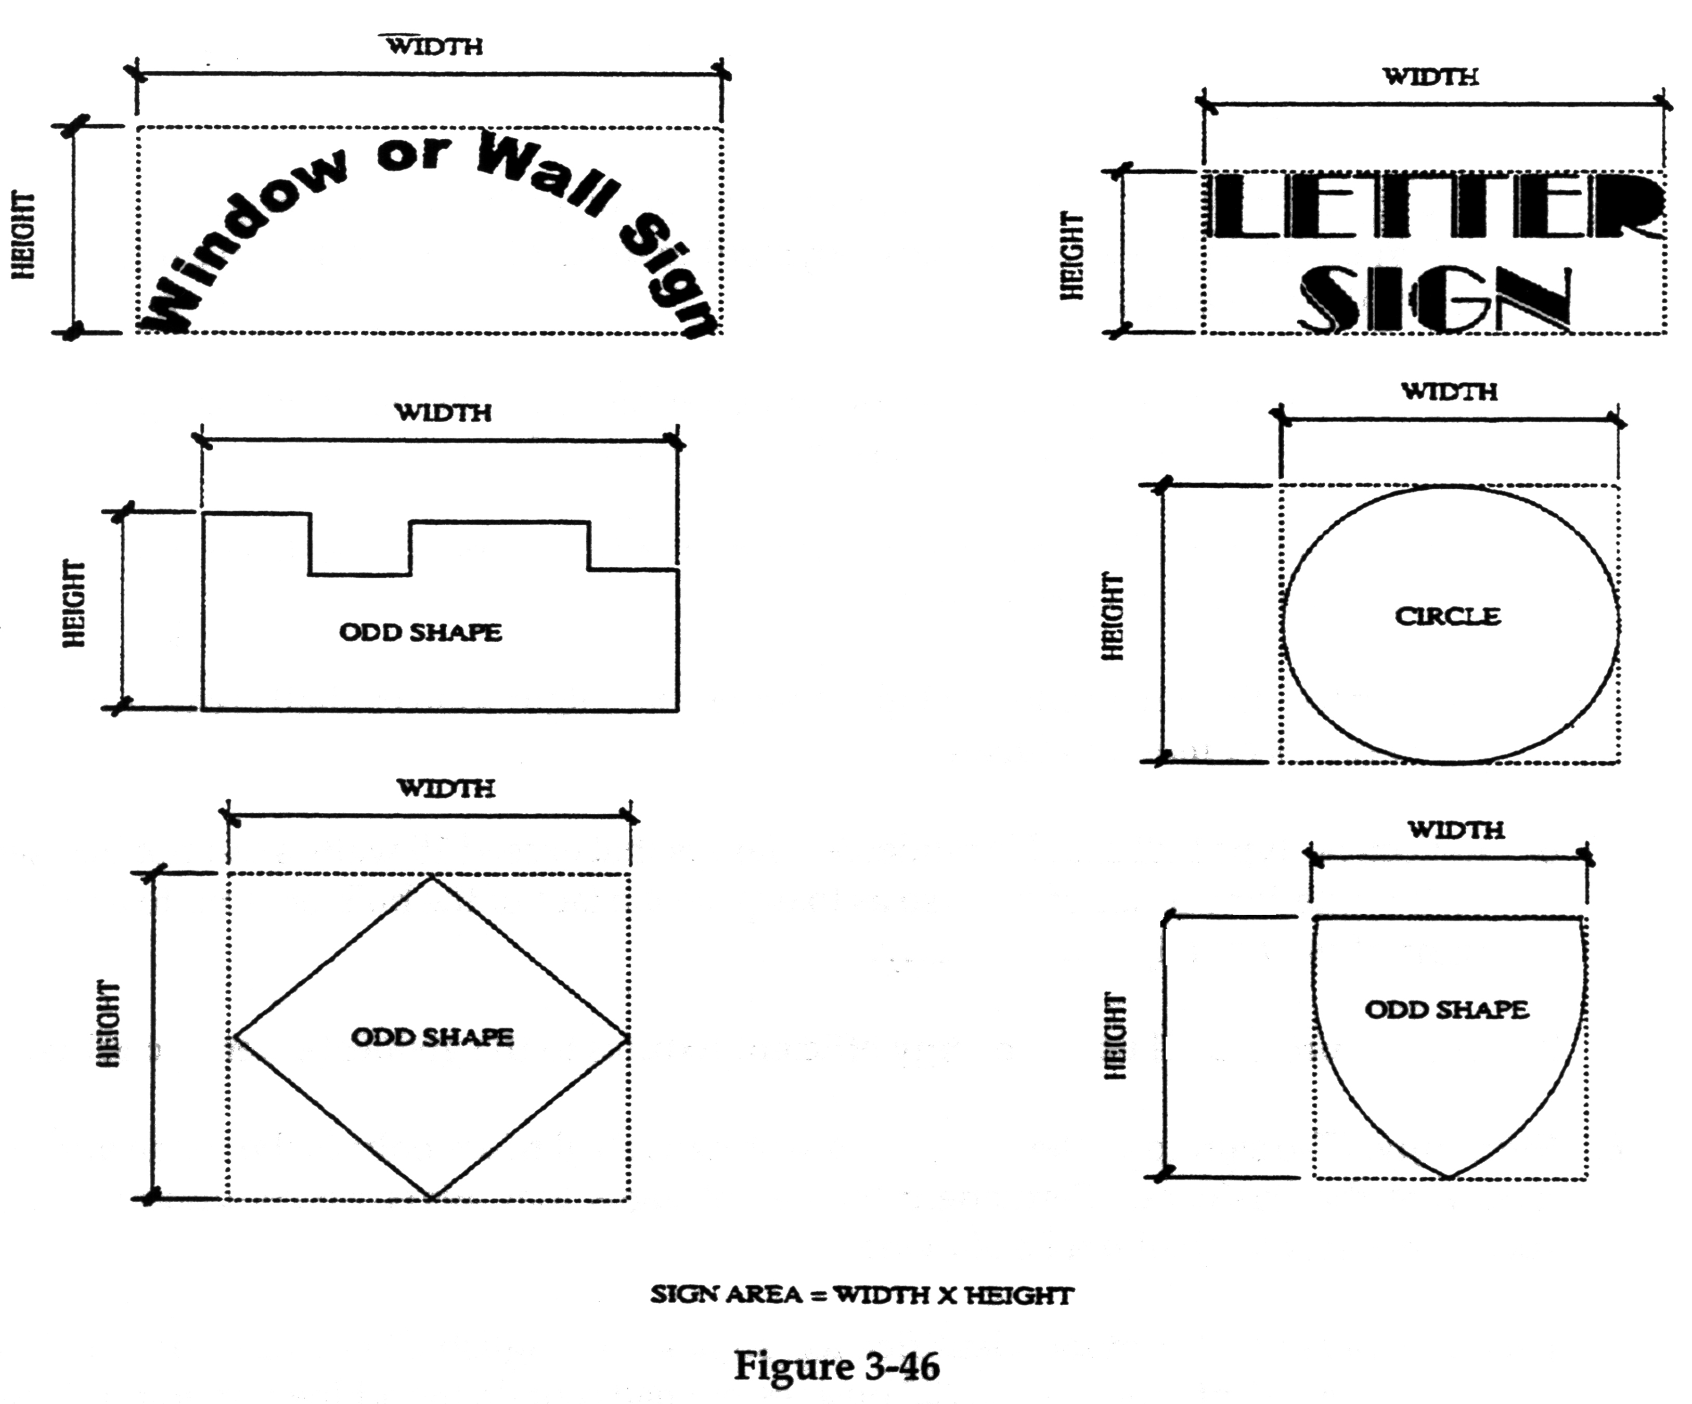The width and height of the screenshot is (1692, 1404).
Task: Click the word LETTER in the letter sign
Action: pos(1434,208)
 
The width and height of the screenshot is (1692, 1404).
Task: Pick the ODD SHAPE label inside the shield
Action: pos(1446,1009)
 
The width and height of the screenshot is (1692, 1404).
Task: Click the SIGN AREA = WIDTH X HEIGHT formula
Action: pos(862,1295)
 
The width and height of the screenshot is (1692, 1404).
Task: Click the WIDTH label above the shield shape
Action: pos(1456,830)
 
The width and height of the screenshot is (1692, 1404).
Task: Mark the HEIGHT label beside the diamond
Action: pos(108,1024)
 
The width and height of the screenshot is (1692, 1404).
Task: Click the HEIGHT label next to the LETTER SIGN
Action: pos(1071,256)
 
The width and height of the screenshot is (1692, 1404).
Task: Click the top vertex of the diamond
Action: pos(432,877)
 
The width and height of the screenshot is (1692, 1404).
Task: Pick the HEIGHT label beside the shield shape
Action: pos(1114,1036)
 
